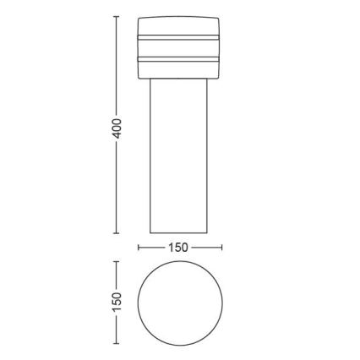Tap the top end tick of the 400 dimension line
click(117, 16)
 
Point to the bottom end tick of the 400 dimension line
click(117, 233)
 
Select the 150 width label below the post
click(179, 248)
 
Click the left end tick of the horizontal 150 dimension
click(139, 248)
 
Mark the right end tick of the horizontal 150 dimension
click(221, 248)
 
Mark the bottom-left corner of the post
click(150, 232)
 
